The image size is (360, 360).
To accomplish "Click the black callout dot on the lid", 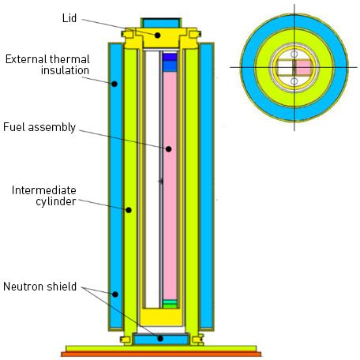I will coord(158,35).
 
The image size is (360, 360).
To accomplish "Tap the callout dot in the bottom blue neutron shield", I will coord(161,339).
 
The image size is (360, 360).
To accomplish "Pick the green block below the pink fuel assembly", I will coord(169,303).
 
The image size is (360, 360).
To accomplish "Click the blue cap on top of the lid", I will coord(160,21).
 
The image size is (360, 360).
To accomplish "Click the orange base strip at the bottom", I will coord(162,354).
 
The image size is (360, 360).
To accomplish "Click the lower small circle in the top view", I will coord(294,81).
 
